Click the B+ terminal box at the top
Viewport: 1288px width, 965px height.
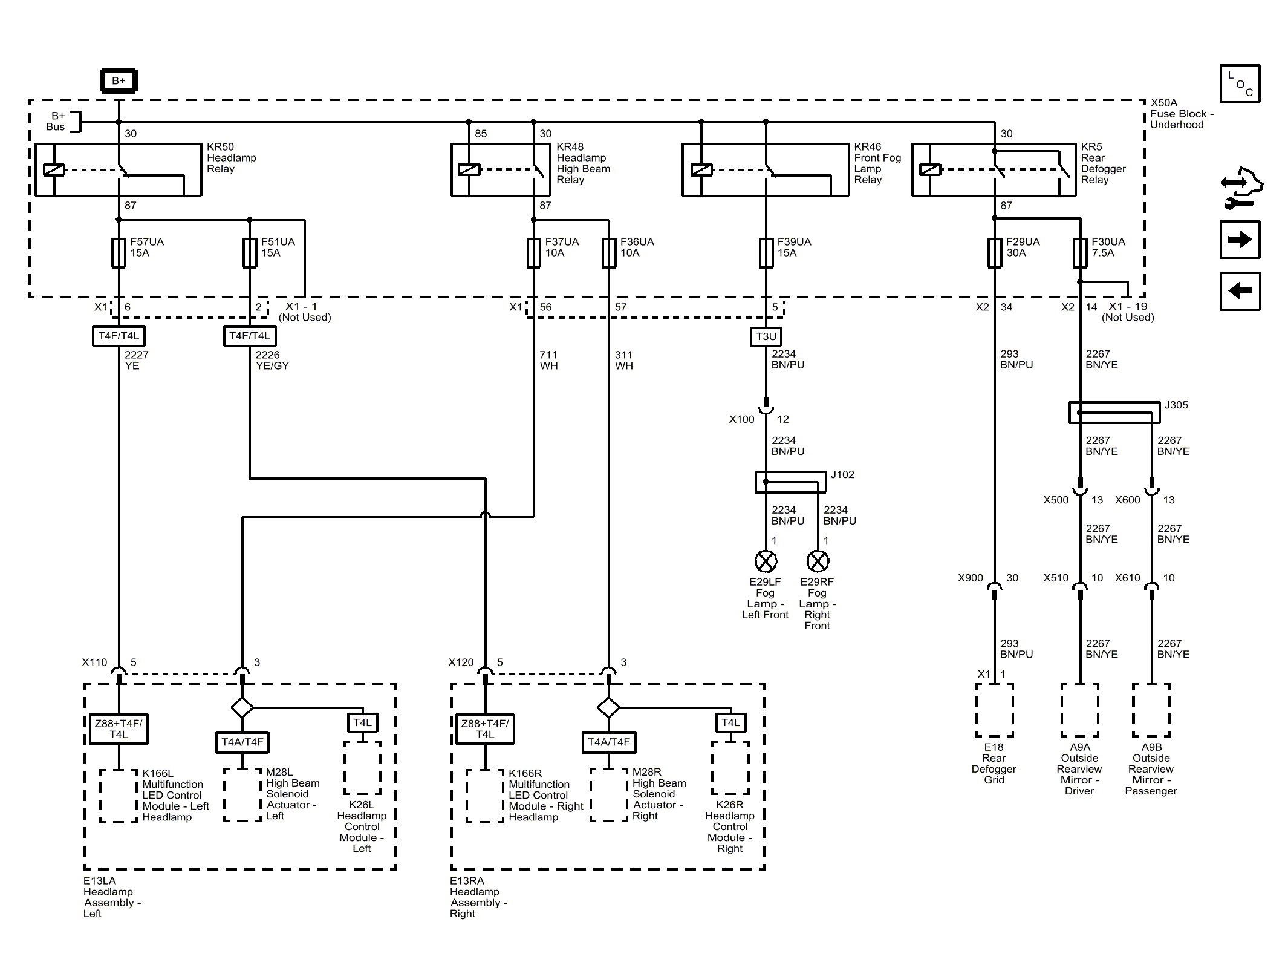point(119,81)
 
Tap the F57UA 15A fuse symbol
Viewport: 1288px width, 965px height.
point(119,253)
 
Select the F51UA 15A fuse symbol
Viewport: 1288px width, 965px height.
point(250,253)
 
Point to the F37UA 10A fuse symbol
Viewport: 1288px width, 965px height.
point(533,253)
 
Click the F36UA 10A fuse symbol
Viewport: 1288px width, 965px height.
point(609,253)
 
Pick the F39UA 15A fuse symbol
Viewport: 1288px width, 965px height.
point(766,253)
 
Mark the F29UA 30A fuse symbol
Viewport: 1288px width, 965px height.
point(995,253)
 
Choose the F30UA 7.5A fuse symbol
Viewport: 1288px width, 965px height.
point(1080,253)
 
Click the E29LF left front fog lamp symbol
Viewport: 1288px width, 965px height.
point(766,561)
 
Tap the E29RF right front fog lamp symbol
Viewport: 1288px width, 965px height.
point(818,561)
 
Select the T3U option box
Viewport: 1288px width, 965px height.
point(766,337)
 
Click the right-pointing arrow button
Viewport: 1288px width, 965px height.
point(1240,240)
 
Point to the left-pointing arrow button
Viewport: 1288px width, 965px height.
point(1240,291)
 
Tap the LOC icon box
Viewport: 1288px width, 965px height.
point(1240,83)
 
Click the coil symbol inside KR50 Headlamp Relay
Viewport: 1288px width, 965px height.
point(54,170)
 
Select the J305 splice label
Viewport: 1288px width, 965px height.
point(1176,405)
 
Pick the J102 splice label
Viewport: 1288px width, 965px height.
point(842,474)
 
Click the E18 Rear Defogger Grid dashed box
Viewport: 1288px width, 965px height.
point(995,710)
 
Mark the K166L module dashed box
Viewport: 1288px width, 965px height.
point(119,796)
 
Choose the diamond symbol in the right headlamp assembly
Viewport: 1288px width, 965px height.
point(608,707)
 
